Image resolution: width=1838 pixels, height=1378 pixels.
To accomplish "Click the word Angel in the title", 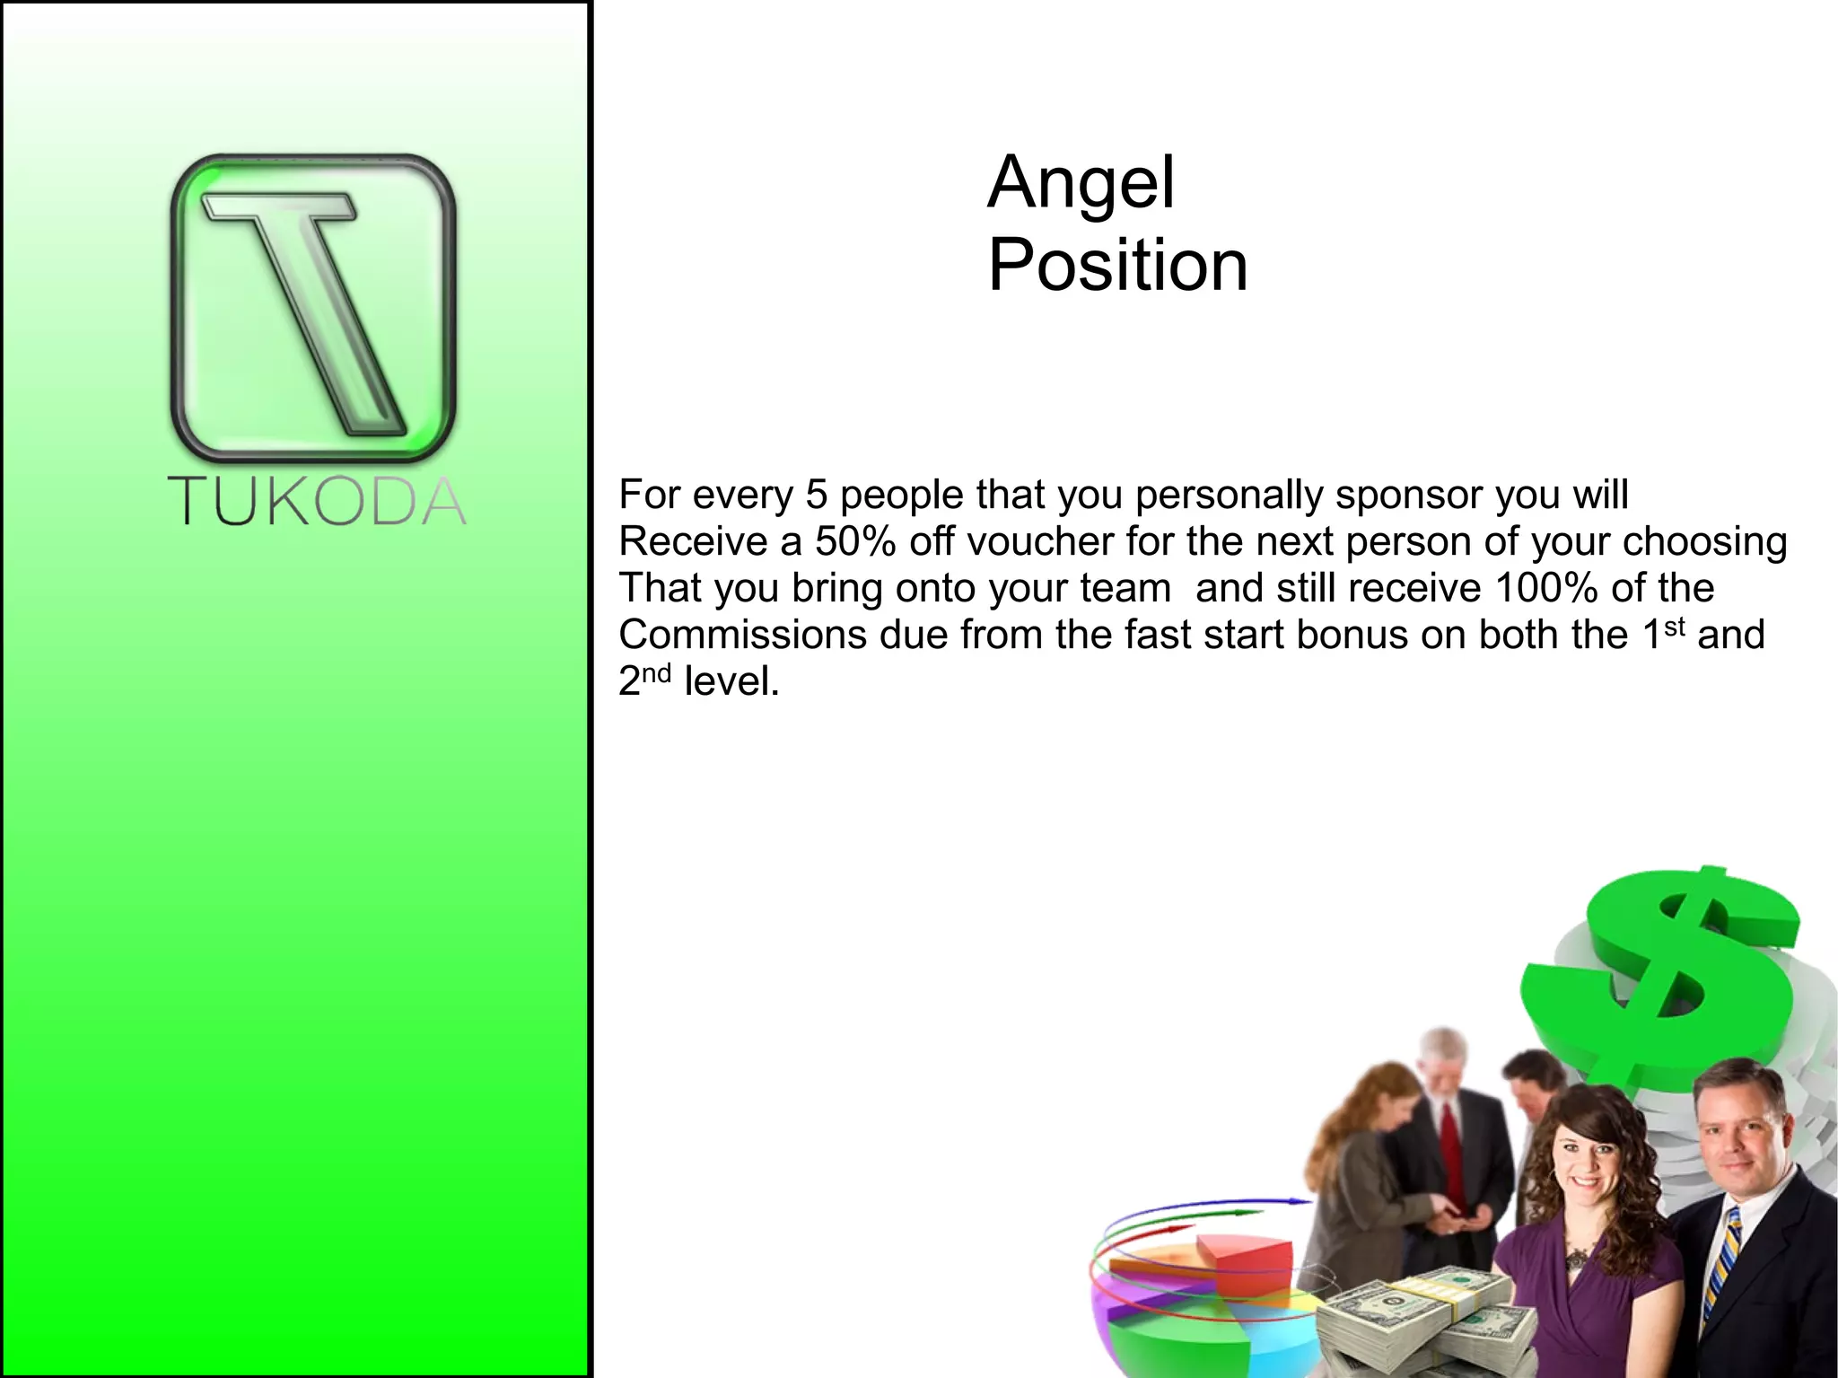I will [x=1081, y=183].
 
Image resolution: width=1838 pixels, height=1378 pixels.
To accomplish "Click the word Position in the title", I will [x=1117, y=266].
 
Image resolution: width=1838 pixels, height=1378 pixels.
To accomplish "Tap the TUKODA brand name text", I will [x=317, y=501].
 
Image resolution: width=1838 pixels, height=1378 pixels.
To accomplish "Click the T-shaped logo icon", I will [x=313, y=307].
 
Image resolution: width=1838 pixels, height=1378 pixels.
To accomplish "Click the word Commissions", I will [x=741, y=635].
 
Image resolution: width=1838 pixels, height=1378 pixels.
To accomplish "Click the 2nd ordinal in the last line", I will [x=644, y=680].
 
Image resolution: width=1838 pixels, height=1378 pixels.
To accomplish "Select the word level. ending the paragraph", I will [x=731, y=681].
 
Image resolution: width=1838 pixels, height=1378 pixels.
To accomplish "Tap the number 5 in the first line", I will [x=816, y=495].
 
